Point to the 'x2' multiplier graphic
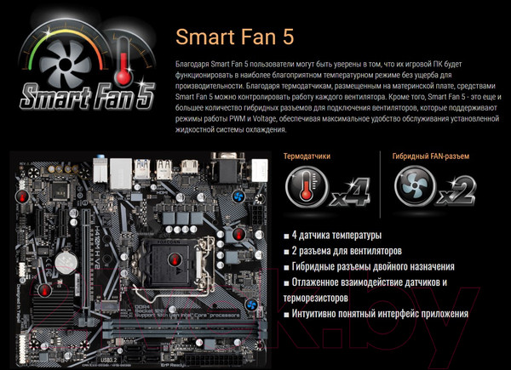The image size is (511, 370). pos(457,193)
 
